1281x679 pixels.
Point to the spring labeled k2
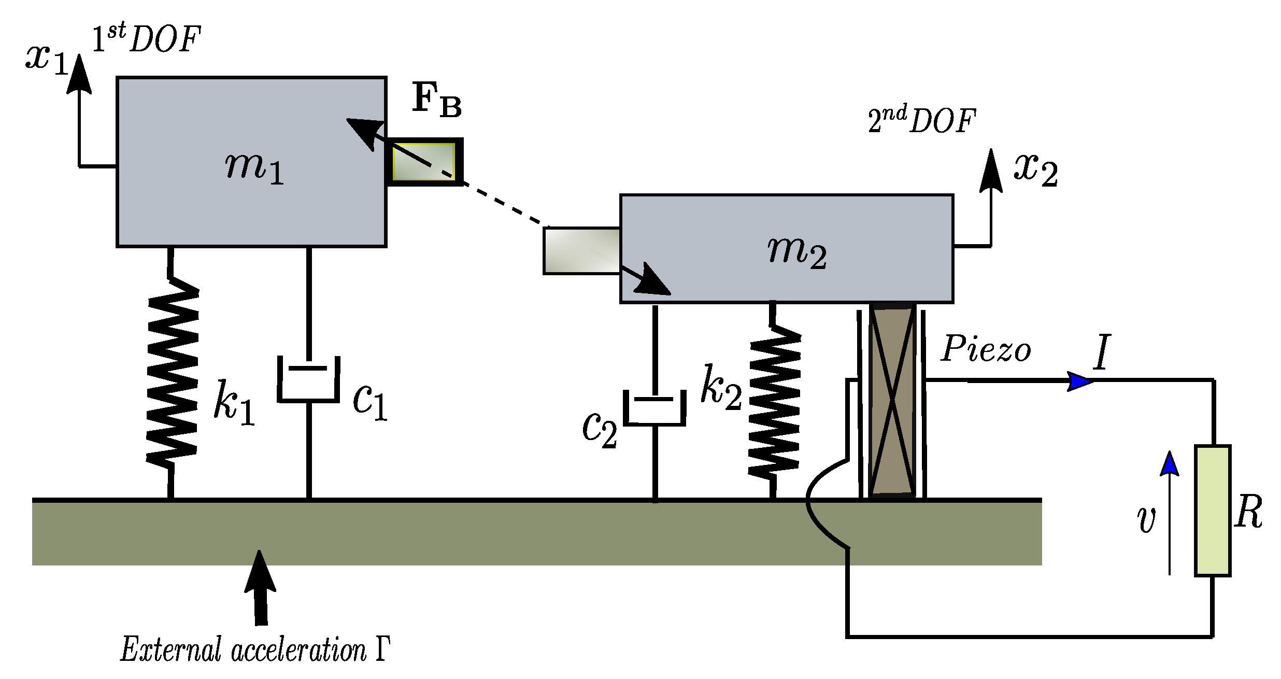(774, 402)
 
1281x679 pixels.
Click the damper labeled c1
(309, 378)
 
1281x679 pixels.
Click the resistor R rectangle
(1213, 511)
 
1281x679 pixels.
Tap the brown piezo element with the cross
(892, 400)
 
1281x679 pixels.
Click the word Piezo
(986, 348)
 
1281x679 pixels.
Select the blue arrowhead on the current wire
(1081, 381)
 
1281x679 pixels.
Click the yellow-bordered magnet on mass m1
(424, 161)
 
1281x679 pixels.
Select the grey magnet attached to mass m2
(581, 251)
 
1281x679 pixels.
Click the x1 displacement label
(47, 58)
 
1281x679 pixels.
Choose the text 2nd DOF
(921, 120)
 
